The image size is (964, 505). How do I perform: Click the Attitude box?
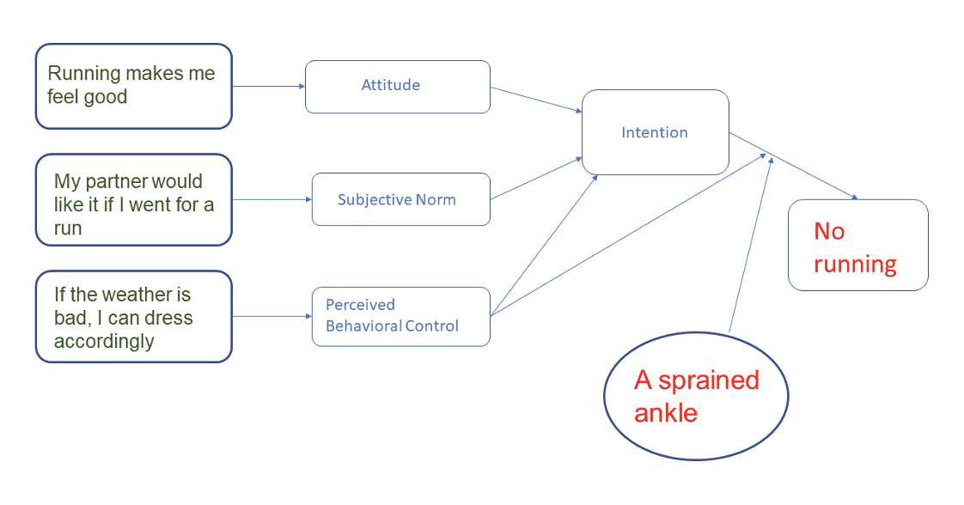point(397,86)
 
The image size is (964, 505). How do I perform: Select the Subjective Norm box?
point(400,199)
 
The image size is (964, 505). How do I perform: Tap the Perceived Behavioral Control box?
point(400,316)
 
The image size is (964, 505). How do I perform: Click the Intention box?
point(655,132)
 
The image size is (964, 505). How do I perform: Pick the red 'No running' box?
point(857,246)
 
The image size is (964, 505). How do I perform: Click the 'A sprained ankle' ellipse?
point(696,397)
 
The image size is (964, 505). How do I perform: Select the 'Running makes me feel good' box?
point(133,86)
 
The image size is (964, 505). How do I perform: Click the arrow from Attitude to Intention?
point(536,100)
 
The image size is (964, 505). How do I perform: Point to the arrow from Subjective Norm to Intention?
point(536,179)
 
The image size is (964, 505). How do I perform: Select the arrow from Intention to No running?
point(793,166)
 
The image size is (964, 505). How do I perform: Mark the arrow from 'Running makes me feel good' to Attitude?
point(268,86)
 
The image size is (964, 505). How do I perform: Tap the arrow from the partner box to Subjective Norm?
point(272,199)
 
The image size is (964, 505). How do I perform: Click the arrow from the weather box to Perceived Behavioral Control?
point(272,316)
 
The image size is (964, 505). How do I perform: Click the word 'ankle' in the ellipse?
point(666,413)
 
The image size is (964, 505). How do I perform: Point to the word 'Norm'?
point(435,199)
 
